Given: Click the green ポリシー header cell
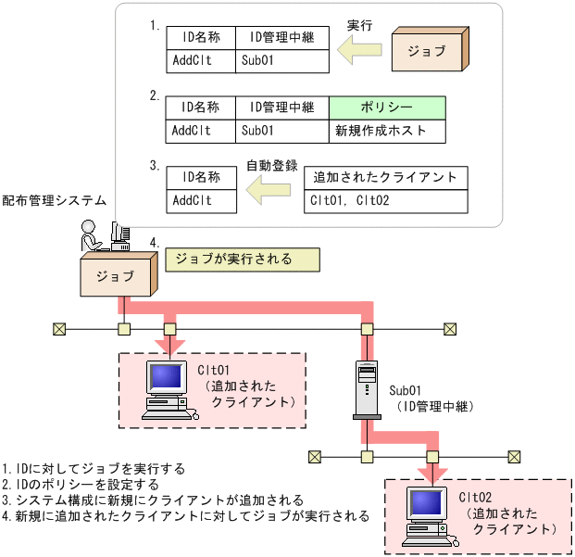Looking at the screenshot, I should coord(387,107).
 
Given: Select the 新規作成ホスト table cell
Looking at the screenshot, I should coord(387,131).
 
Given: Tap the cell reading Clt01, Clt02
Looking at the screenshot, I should coord(387,199).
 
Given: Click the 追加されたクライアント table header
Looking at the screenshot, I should coord(387,176).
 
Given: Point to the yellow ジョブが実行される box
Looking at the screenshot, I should coord(242,260).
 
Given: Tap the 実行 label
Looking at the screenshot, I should coord(358,25).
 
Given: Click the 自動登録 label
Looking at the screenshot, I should coord(271,166).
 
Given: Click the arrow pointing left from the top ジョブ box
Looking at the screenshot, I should coord(360,54).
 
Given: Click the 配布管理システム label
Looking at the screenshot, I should coord(54,199).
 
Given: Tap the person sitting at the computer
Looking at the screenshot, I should coord(92,234).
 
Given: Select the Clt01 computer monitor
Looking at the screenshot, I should coord(166,378).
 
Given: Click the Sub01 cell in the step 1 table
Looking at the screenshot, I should coord(282,61).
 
